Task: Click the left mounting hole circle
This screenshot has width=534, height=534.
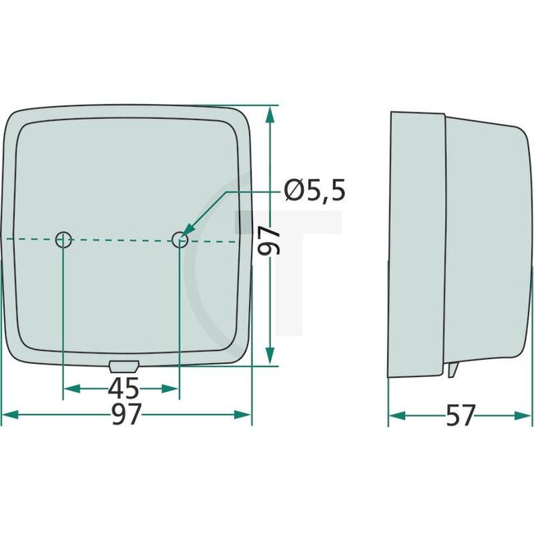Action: point(63,240)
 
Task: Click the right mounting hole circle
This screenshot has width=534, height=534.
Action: point(180,240)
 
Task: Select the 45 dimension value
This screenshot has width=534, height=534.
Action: point(122,388)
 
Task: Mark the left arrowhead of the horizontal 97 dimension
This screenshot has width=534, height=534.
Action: point(10,416)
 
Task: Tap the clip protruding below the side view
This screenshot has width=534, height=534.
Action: point(453,371)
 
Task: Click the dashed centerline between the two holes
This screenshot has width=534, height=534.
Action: point(122,240)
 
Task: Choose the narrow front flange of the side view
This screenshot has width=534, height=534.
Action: point(416,242)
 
